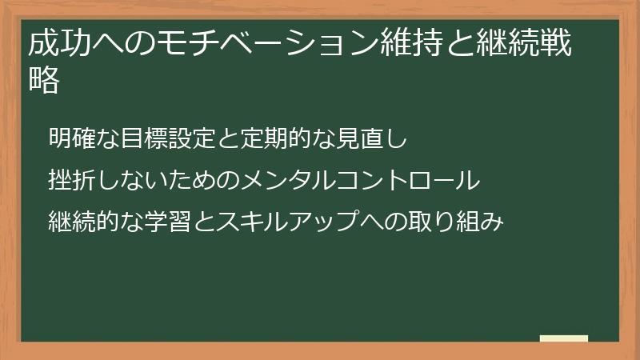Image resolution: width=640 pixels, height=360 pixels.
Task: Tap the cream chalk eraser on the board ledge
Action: (564, 338)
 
